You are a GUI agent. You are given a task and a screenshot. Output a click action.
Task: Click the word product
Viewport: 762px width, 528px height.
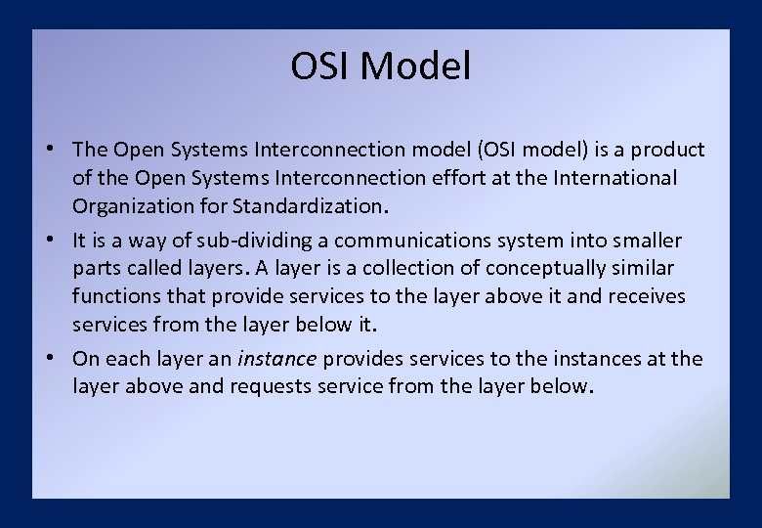coord(667,150)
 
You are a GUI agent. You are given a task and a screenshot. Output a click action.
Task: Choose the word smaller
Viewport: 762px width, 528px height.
coord(646,240)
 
